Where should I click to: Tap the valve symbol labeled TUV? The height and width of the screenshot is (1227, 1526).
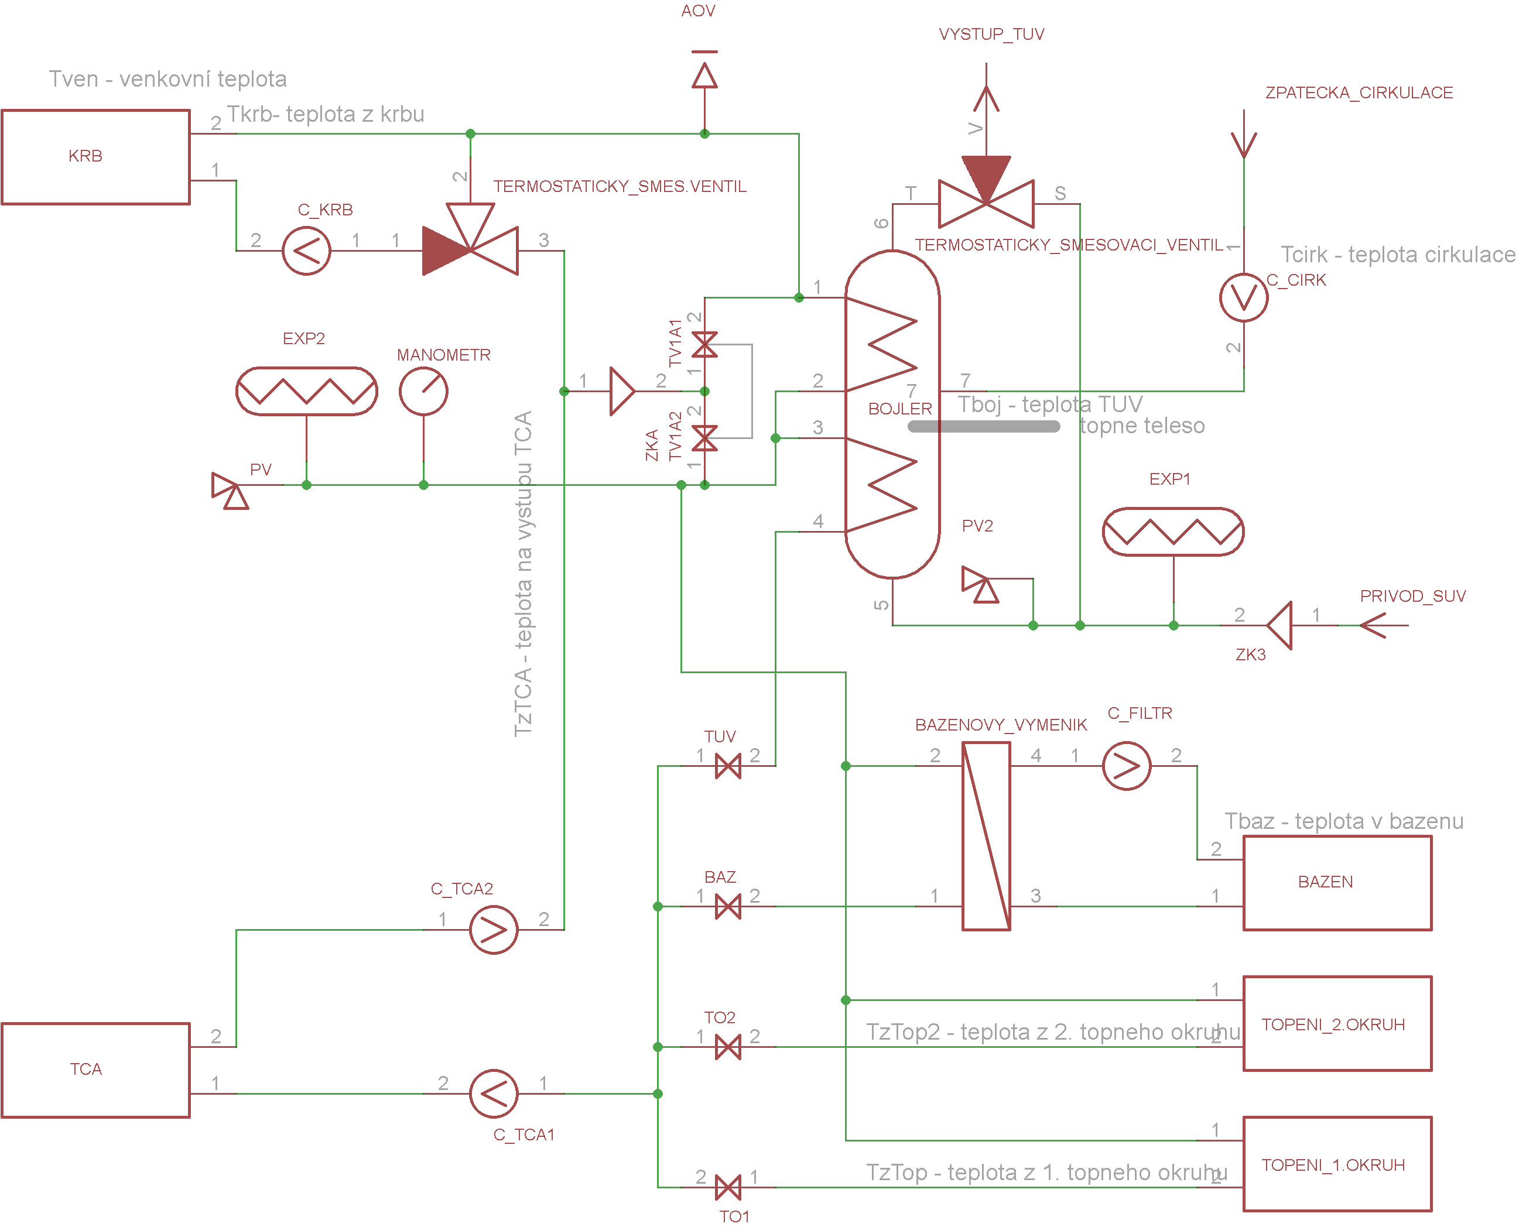coord(728,766)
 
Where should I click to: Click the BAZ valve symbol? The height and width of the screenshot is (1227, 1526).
coord(728,906)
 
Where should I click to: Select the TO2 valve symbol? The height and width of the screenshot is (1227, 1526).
coord(728,1047)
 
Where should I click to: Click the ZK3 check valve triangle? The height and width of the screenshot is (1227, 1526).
coord(1279,626)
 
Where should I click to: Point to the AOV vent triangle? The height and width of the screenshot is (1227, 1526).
coord(705,75)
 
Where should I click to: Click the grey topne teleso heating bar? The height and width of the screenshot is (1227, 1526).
coord(984,426)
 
